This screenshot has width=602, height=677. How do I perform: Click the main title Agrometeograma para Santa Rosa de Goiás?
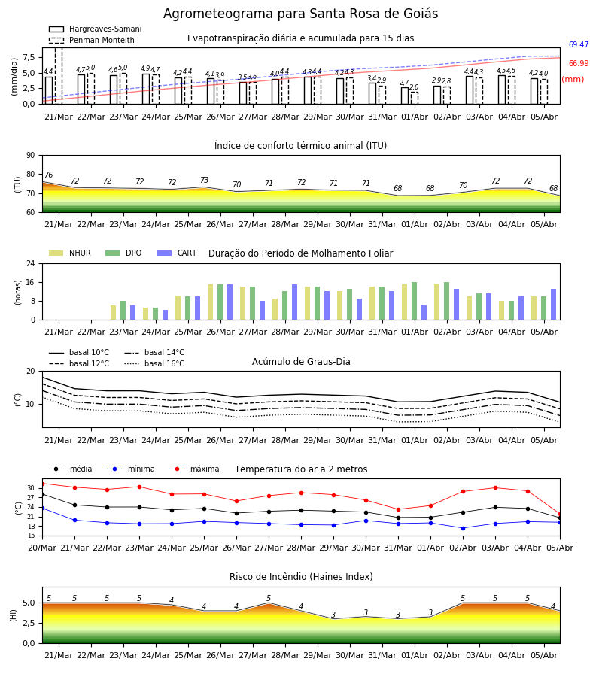(x=300, y=14)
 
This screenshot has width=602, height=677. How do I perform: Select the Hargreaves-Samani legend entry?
(x=96, y=29)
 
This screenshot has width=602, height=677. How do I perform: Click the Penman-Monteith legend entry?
(x=92, y=40)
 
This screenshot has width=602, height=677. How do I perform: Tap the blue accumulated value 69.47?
(x=579, y=44)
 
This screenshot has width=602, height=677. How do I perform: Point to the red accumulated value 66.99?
(x=579, y=63)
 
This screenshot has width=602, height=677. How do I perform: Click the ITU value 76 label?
(x=48, y=175)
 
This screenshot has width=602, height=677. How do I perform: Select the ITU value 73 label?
(x=204, y=180)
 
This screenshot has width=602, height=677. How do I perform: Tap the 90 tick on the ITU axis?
(x=31, y=156)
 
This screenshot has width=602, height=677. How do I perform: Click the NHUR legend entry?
(x=70, y=253)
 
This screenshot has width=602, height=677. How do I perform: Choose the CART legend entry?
(x=177, y=253)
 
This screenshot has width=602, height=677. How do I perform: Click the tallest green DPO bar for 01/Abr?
(x=414, y=301)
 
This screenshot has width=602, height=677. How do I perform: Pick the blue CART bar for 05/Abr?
(x=554, y=305)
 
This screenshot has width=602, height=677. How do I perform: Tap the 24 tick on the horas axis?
(x=31, y=263)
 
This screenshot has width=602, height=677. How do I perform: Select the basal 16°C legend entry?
(x=154, y=364)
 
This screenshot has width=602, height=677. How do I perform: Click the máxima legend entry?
(x=194, y=469)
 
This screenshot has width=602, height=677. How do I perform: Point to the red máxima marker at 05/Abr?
(x=560, y=515)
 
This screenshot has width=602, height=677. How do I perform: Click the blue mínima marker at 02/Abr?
(x=463, y=528)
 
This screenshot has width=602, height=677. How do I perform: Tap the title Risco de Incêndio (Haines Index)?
(x=301, y=577)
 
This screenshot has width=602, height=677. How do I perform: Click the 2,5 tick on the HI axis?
(x=29, y=623)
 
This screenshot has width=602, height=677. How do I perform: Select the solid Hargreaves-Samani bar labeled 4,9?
(x=146, y=89)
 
